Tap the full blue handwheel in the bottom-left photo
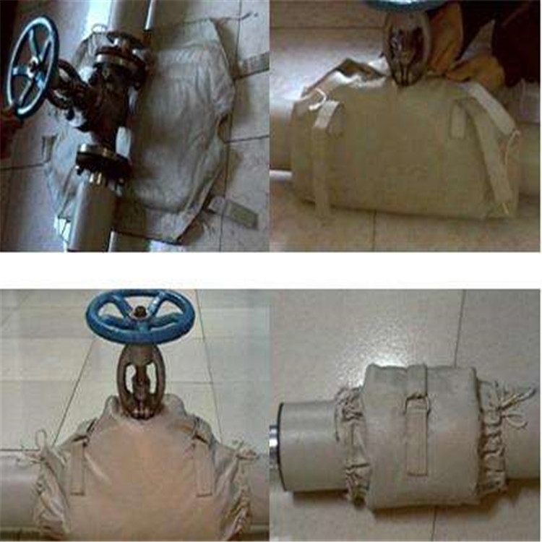139,316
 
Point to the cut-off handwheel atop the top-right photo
405,5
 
